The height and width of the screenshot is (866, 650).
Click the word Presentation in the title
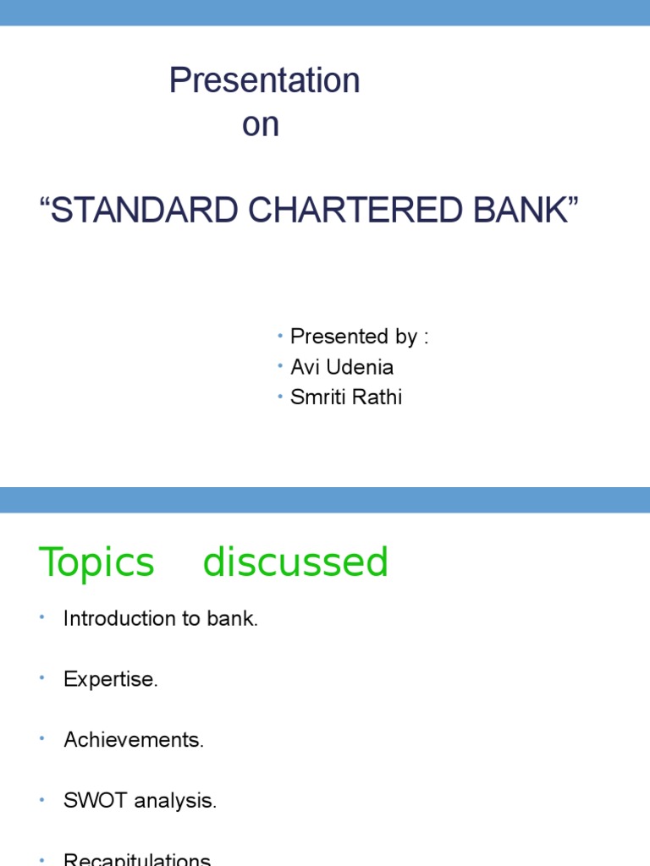pos(264,81)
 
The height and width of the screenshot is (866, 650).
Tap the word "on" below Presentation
pos(260,125)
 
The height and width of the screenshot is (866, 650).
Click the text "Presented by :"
pos(359,337)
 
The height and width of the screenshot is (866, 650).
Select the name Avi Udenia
pos(341,367)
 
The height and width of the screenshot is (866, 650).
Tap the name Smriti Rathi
pos(345,397)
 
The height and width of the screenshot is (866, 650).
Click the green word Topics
pos(96,562)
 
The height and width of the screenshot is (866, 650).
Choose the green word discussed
pos(295,562)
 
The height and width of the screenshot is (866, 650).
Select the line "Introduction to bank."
pos(160,619)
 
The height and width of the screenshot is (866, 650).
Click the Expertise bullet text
pos(110,680)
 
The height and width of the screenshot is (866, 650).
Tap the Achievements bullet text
pos(134,741)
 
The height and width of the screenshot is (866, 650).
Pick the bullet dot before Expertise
pos(41,678)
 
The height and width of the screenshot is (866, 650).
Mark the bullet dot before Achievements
pos(41,739)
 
